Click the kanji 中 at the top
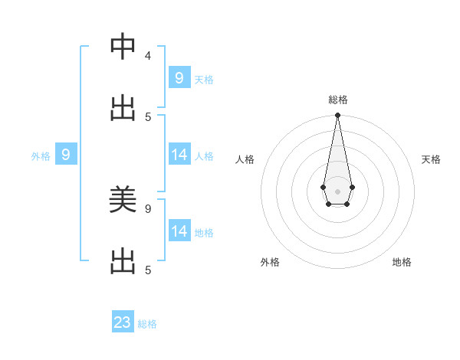pyautogui.click(x=123, y=47)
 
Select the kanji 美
pyautogui.click(x=123, y=200)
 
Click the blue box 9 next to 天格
pyautogui.click(x=179, y=77)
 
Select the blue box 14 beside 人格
pyautogui.click(x=179, y=155)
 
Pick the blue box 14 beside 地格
pyautogui.click(x=179, y=231)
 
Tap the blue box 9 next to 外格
pyautogui.click(x=66, y=155)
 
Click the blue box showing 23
pyautogui.click(x=123, y=322)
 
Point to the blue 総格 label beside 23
pyautogui.click(x=147, y=324)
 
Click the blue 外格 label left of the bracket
pyautogui.click(x=41, y=156)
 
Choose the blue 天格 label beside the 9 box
pyautogui.click(x=204, y=80)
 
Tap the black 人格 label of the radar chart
pyautogui.click(x=245, y=159)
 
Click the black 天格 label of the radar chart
pyautogui.click(x=431, y=159)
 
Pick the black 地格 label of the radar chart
pyautogui.click(x=402, y=262)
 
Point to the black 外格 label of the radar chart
pyautogui.click(x=270, y=262)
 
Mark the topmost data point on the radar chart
pyautogui.click(x=337, y=115)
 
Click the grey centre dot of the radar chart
pyautogui.click(x=337, y=191)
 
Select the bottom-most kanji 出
pyautogui.click(x=123, y=261)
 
